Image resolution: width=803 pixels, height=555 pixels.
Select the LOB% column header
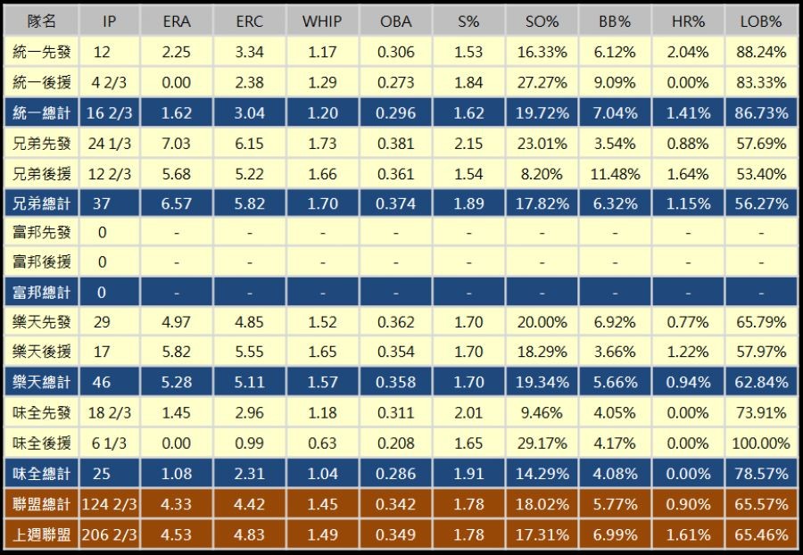(761, 21)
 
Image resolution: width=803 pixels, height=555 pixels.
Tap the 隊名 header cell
(41, 21)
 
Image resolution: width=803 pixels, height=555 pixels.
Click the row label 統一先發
(41, 53)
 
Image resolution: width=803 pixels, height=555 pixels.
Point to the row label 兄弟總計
(41, 203)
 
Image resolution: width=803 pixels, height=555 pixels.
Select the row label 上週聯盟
(41, 534)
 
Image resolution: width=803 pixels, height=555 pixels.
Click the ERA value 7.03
(177, 144)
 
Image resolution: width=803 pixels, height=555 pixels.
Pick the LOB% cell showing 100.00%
(761, 443)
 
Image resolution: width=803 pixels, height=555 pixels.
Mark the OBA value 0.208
(395, 443)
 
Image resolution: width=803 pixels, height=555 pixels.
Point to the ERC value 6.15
(250, 144)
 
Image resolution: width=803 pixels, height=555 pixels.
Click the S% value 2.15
(468, 144)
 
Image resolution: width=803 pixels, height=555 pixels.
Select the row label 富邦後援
(41, 262)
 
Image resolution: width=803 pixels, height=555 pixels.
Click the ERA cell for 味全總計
(177, 474)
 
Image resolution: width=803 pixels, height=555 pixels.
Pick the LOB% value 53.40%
(761, 174)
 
